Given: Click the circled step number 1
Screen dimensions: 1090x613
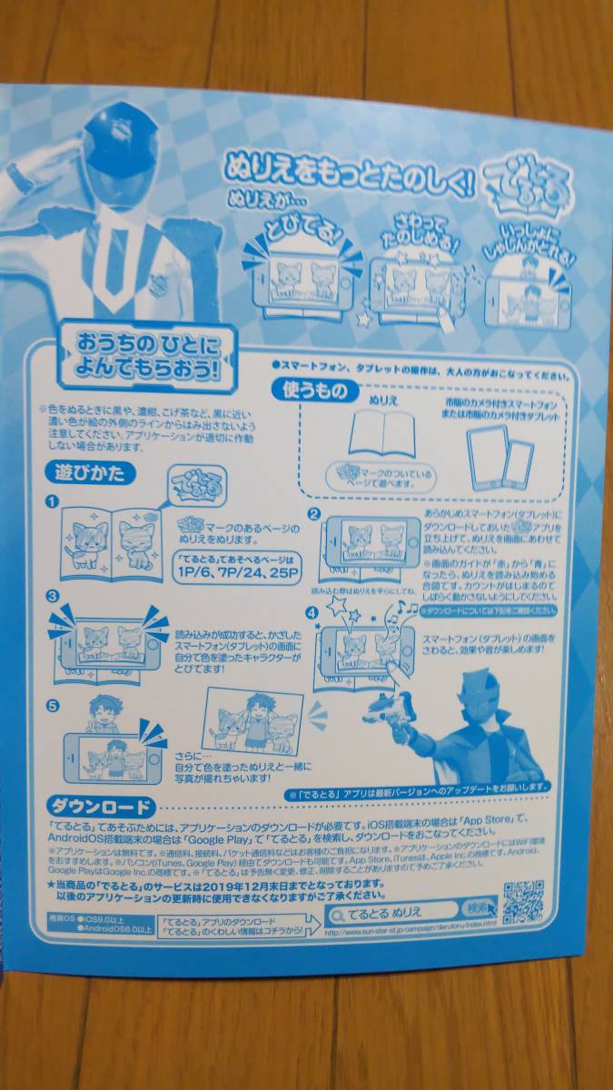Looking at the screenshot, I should tap(53, 501).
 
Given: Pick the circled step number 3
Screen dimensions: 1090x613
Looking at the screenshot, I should tap(53, 596).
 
